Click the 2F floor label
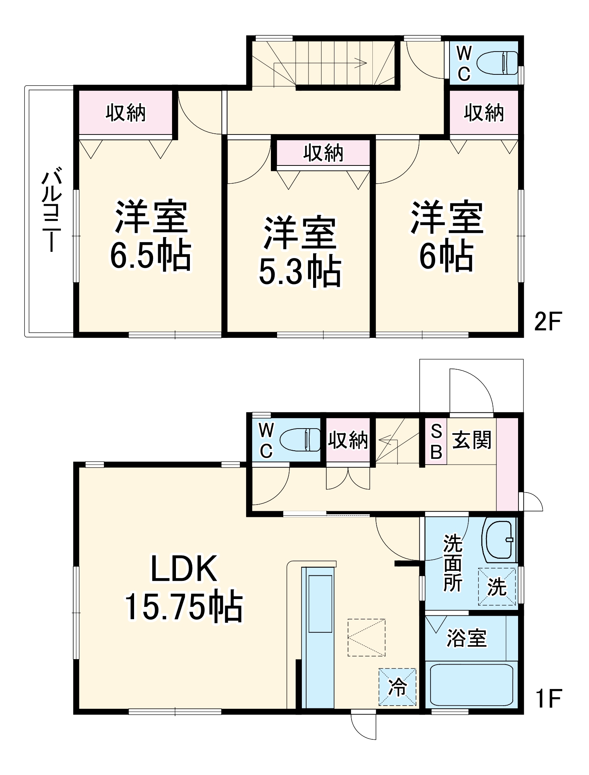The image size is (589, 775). [548, 321]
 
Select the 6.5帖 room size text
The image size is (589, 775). [150, 256]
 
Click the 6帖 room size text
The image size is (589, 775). [446, 256]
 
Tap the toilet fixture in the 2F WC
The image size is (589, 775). [497, 63]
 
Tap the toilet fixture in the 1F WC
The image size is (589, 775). [300, 440]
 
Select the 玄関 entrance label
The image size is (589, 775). [472, 440]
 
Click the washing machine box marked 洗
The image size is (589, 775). [497, 586]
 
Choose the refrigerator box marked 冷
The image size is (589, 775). [397, 687]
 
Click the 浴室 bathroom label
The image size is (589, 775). [466, 637]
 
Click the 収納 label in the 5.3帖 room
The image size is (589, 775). [323, 153]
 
